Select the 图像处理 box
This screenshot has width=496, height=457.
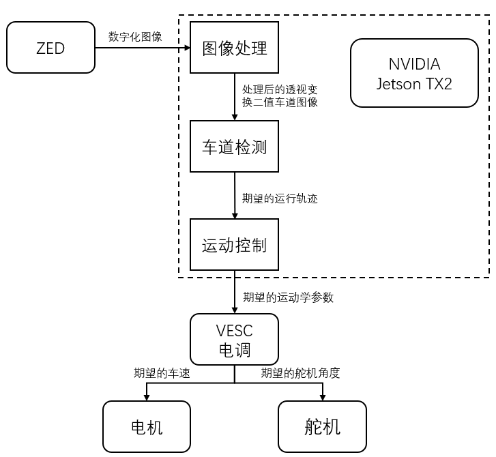[x=235, y=48]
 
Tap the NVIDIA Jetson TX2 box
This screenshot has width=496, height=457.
[x=414, y=73]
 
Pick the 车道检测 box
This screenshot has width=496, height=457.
[x=235, y=147]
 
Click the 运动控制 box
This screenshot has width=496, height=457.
[x=235, y=245]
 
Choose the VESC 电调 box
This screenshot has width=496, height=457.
[x=235, y=340]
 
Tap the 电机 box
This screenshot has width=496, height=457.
[x=146, y=427]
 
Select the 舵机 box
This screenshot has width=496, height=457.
[x=322, y=427]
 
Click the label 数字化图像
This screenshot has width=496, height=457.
[x=135, y=37]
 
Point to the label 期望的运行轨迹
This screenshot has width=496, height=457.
[x=280, y=199]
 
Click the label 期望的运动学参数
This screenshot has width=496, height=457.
[x=288, y=297]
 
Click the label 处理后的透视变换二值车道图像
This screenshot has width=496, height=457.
[x=280, y=96]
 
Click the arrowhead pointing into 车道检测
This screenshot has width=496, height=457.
[x=235, y=118]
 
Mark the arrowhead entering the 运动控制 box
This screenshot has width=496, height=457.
[x=235, y=216]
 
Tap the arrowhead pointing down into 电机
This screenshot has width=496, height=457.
[x=146, y=398]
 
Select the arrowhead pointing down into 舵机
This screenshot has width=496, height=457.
[x=322, y=398]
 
